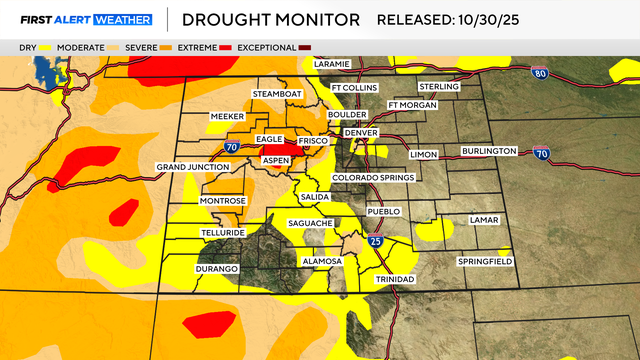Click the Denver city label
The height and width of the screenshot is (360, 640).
click(x=360, y=133)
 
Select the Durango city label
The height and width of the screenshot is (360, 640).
click(x=216, y=269)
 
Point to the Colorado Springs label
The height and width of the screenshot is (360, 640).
click(x=372, y=178)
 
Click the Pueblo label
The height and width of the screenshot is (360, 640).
click(x=384, y=211)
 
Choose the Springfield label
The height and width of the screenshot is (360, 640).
click(x=485, y=261)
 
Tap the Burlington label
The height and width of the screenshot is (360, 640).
click(x=488, y=151)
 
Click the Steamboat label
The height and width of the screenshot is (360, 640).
click(x=276, y=93)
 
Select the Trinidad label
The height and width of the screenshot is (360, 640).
click(x=394, y=279)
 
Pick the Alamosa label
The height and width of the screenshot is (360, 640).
click(x=322, y=261)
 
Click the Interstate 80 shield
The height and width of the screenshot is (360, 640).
click(x=539, y=72)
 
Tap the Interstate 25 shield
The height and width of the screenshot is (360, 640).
click(x=375, y=241)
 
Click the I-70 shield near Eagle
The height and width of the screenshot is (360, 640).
click(x=231, y=147)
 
